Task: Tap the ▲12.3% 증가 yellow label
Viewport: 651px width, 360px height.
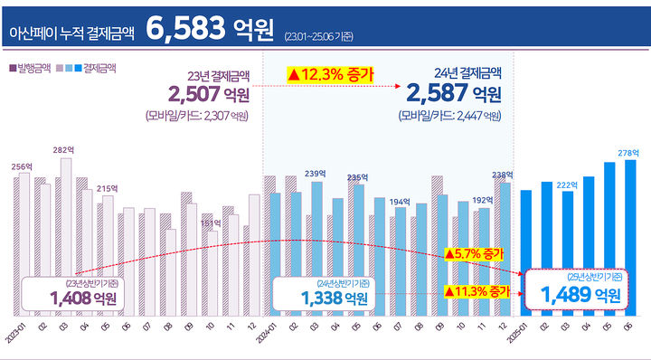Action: click(330, 73)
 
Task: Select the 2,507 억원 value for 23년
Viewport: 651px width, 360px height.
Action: click(209, 94)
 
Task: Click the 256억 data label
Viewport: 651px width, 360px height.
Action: click(22, 166)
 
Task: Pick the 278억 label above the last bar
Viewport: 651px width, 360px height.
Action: click(629, 152)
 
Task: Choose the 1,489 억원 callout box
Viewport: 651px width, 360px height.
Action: click(579, 289)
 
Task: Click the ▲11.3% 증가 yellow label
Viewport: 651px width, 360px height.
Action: click(476, 290)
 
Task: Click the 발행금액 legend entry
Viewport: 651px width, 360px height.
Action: click(29, 68)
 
